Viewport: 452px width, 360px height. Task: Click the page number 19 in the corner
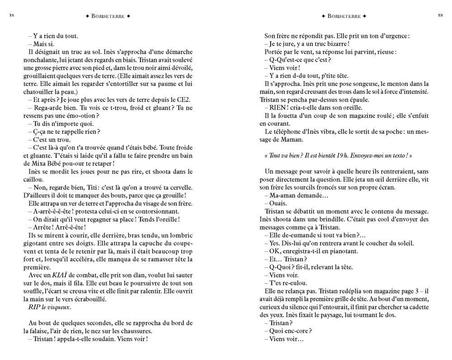(x=440, y=16)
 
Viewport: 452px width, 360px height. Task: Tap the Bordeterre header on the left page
(x=108, y=16)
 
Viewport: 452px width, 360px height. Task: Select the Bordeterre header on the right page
(x=344, y=16)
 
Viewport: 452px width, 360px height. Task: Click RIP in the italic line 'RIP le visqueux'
(x=33, y=308)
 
